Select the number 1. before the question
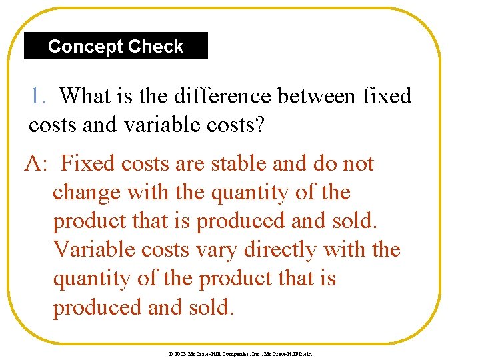coord(38,96)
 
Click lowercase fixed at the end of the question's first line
coord(388,96)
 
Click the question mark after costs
coord(259,125)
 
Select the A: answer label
coord(35,163)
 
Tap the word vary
coord(219,250)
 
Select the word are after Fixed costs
coord(185,163)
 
